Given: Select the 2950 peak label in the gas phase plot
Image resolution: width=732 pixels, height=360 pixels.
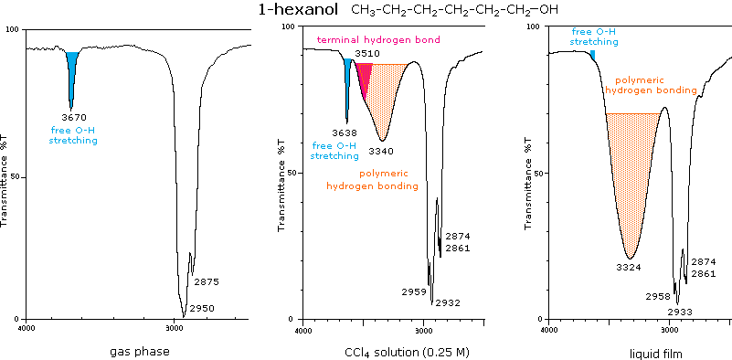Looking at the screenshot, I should coord(202,309).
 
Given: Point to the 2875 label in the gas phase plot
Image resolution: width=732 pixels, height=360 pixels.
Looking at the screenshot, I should coord(206,282).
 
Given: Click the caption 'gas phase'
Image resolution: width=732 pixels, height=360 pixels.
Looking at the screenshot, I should coord(139,351).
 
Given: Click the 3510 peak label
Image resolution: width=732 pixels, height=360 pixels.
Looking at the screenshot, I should coord(367,54).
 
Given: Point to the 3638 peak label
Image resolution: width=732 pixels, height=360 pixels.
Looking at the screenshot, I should coord(345,132).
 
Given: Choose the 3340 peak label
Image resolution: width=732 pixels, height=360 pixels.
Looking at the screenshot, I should coord(380,150).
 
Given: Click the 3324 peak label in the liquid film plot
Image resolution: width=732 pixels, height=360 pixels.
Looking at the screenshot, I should coord(629,267).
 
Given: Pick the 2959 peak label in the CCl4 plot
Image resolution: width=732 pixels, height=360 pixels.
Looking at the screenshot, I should coord(414,291).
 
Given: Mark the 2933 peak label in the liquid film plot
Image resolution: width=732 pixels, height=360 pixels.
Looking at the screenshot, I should coord(680,312).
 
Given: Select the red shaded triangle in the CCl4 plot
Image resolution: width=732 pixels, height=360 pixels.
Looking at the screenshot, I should coord(363,79).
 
